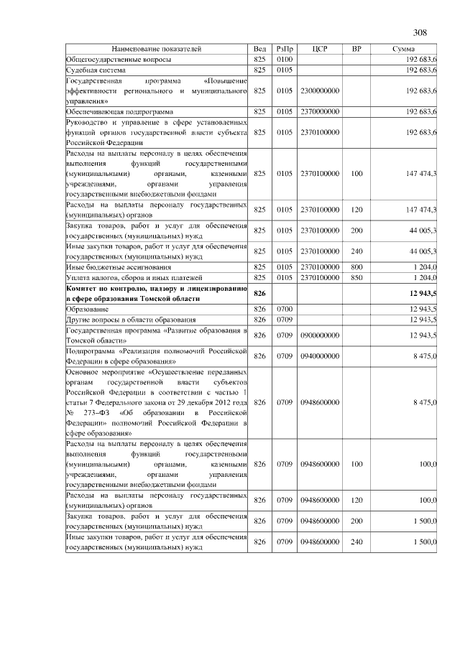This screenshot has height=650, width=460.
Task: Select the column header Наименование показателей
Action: coord(157,49)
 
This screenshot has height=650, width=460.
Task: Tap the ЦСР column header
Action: coord(321,49)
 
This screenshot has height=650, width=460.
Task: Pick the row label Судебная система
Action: coord(96,71)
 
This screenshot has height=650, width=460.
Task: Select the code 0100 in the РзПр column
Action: coord(285,60)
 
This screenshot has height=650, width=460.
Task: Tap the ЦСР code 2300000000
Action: coord(321,91)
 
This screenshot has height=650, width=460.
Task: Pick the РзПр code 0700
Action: coord(285,309)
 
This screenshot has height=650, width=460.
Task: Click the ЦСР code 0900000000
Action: coord(321,335)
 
